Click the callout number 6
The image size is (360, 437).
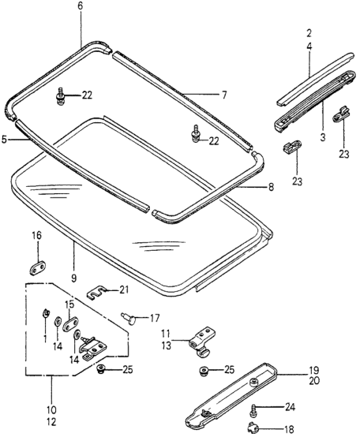[x=81, y=6]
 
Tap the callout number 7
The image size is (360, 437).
[x=224, y=95]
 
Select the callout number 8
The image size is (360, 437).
[x=271, y=187]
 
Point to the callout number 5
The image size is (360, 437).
[x=4, y=140]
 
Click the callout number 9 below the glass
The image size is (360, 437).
[x=73, y=278]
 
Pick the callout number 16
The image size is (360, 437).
[x=36, y=236]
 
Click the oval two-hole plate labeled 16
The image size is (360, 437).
[x=38, y=267]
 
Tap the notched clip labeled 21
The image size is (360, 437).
[x=96, y=292]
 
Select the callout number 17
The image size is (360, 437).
[x=155, y=318]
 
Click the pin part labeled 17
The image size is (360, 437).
[x=129, y=318]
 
